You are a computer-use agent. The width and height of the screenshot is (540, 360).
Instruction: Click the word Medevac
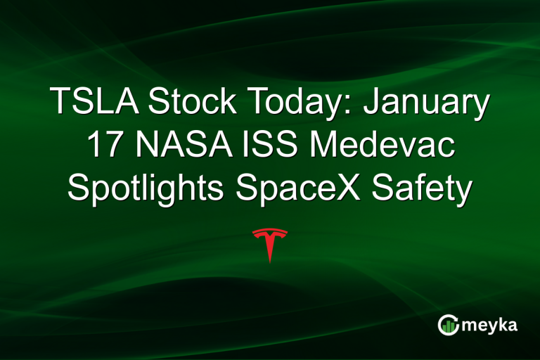379,147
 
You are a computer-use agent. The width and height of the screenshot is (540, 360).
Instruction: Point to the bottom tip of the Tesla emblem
270,262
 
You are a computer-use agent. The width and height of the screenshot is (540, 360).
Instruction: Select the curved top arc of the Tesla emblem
270,231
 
